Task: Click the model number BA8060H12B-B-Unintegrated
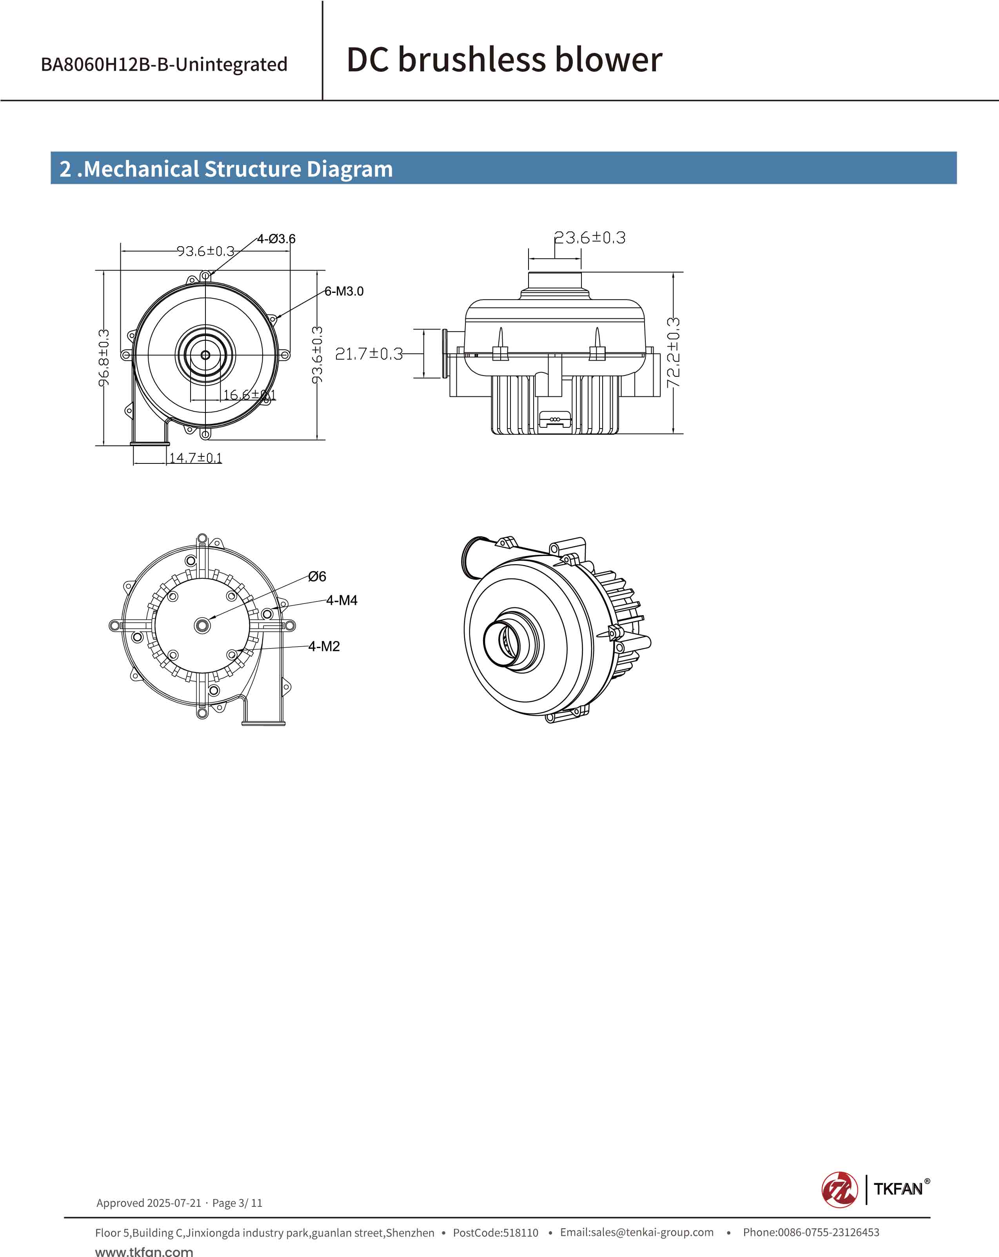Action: click(x=164, y=64)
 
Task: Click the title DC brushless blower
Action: click(x=504, y=60)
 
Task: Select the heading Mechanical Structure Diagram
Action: click(x=226, y=169)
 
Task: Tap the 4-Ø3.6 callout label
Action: click(x=276, y=239)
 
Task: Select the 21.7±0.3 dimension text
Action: click(x=369, y=354)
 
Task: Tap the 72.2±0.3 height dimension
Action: click(x=673, y=353)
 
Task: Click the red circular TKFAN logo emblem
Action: click(x=839, y=1190)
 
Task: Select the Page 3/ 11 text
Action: click(x=237, y=1203)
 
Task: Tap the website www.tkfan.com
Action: click(x=143, y=1251)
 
